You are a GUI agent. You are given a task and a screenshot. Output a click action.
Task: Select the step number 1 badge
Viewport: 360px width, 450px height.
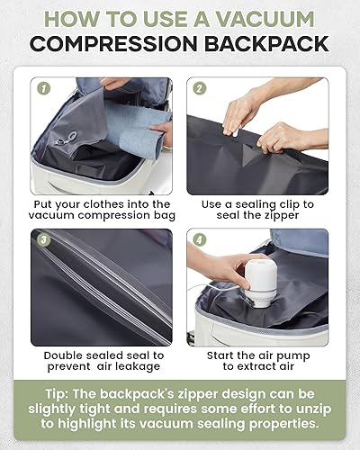(x=41, y=87)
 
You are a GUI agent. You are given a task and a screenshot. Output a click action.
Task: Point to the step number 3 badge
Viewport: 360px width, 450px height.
(x=41, y=239)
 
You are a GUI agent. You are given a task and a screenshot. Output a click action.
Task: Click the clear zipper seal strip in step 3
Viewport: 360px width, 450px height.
(x=117, y=288)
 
